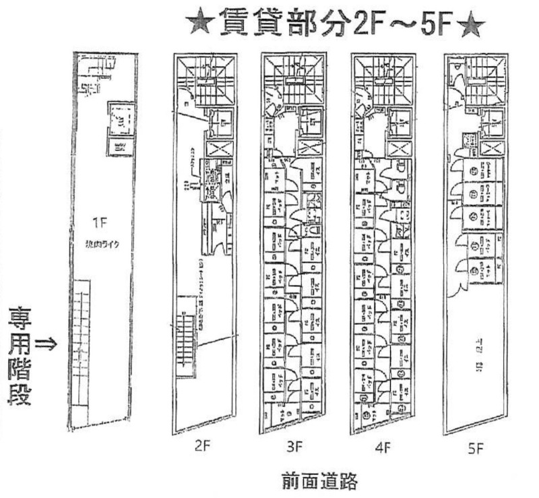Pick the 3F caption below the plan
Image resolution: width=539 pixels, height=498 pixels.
click(x=294, y=446)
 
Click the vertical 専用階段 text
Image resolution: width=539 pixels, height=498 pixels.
click(x=19, y=357)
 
